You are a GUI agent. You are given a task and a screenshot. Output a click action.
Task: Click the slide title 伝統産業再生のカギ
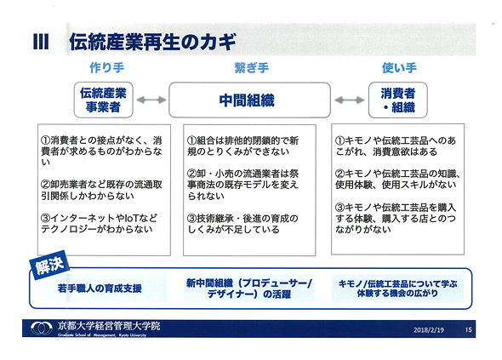point(152,42)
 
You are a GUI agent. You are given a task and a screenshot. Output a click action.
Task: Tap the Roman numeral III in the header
point(41,42)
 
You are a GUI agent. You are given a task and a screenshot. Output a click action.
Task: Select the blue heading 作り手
point(106,67)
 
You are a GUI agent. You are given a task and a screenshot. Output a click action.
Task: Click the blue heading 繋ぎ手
point(252,67)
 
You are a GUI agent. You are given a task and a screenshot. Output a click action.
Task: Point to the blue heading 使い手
point(399,67)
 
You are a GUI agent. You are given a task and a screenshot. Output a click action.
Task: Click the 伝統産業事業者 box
point(104,100)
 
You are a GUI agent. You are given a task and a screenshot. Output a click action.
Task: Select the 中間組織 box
point(249,100)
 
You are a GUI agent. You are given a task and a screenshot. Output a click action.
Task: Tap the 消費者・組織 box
point(398,100)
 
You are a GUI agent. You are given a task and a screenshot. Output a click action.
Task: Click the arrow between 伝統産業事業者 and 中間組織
point(151,100)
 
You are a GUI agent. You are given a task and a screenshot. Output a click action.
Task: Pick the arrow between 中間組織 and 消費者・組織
point(350,100)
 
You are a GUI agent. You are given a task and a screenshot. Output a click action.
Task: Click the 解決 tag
point(49,266)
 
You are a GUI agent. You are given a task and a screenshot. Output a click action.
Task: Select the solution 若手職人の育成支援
point(100,289)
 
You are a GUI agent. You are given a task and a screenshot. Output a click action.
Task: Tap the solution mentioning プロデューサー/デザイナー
point(249,289)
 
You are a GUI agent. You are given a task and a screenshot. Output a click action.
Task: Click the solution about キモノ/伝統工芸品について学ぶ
point(397,289)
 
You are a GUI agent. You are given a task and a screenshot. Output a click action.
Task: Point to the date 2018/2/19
point(429,330)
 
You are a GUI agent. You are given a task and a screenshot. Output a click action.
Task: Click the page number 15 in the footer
point(468,330)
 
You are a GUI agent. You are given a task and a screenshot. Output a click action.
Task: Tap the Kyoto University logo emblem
point(42,328)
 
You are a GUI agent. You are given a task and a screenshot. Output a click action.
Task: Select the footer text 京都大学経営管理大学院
point(109,326)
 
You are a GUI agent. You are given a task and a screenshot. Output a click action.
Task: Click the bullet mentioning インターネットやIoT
point(100,224)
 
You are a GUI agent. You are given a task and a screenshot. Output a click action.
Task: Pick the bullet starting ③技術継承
point(242,224)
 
